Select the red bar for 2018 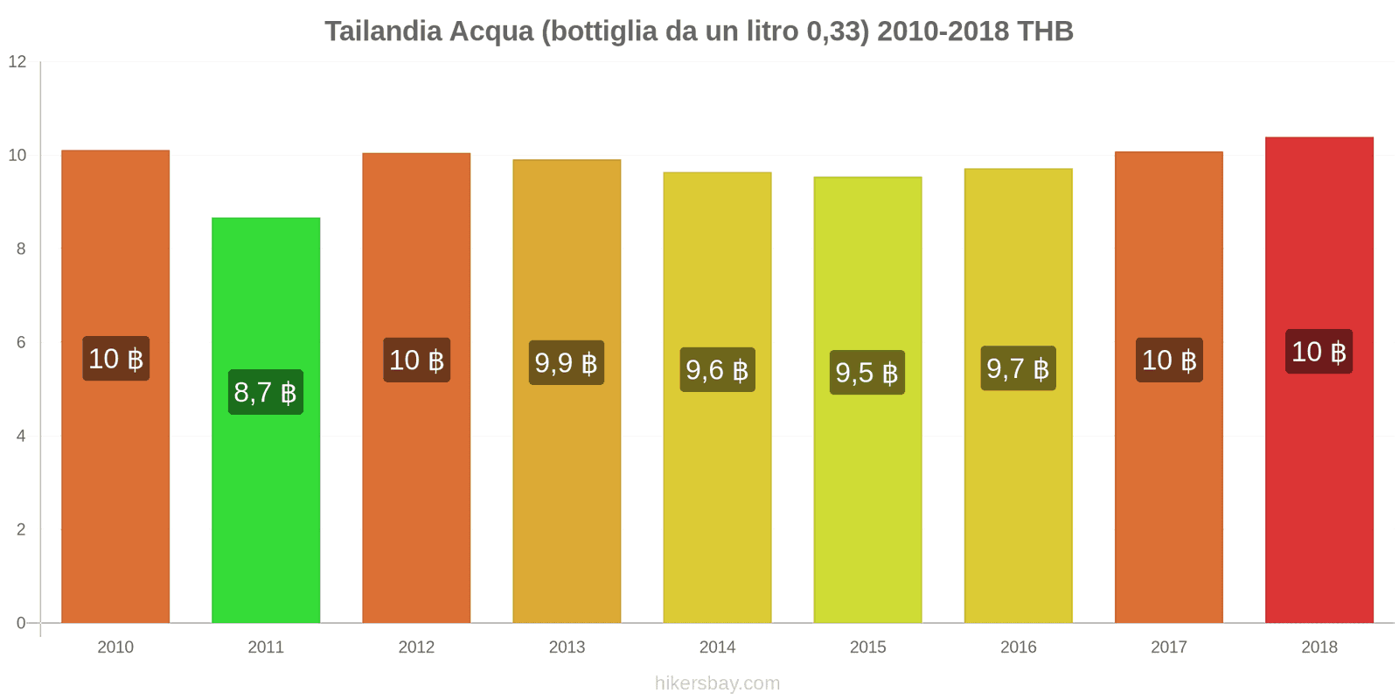tap(1319, 490)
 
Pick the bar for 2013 tap(567, 490)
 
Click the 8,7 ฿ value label tap(266, 392)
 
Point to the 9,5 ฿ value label tap(867, 373)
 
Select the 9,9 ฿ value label tap(567, 362)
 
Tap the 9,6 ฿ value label tap(717, 369)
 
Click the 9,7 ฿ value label tap(1018, 368)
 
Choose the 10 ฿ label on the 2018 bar tap(1319, 352)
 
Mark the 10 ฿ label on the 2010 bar tap(115, 359)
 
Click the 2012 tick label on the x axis tap(416, 647)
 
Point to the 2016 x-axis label tap(1018, 647)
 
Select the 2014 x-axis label tap(717, 647)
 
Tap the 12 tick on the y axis tap(17, 62)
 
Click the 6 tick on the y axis tap(21, 343)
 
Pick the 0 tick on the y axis tap(21, 624)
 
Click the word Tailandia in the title tap(383, 31)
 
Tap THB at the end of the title tap(1045, 31)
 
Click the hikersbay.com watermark tap(717, 683)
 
